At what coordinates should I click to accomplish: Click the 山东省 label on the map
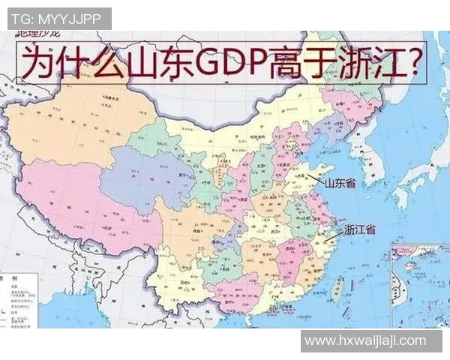[340, 181]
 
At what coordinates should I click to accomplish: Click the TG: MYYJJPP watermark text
[58, 18]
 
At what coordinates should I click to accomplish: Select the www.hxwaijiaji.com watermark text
[365, 340]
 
